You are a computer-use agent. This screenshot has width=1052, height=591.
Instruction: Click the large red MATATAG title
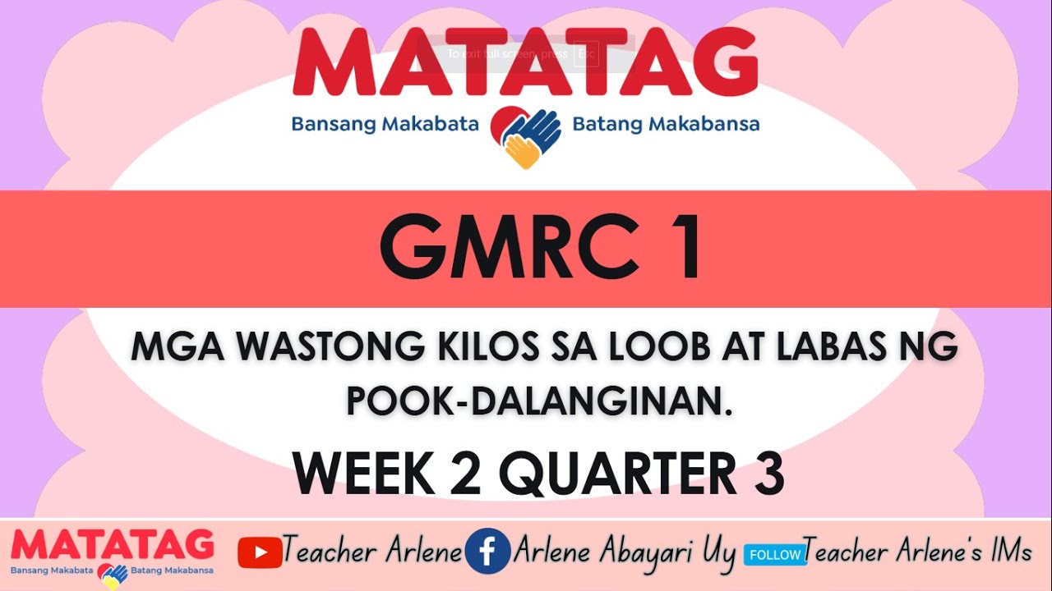click(x=524, y=64)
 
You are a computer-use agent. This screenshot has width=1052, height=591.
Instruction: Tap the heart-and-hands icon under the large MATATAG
click(x=525, y=136)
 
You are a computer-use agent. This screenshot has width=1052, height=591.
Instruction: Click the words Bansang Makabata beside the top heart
click(x=385, y=125)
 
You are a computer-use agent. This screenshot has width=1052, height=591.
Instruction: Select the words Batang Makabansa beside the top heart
click(x=666, y=125)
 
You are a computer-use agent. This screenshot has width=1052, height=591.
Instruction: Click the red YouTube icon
click(x=259, y=552)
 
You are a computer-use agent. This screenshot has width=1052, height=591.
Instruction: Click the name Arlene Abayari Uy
click(x=625, y=552)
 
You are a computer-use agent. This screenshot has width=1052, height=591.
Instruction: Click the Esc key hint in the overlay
click(x=586, y=54)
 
